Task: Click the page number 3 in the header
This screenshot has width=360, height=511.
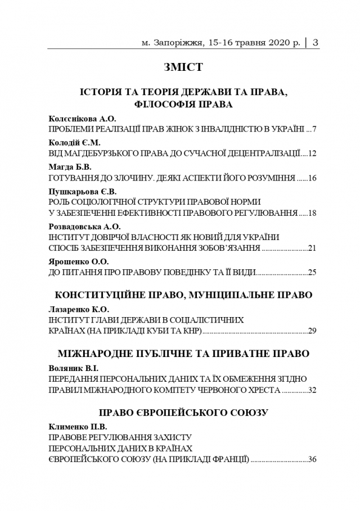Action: (315, 42)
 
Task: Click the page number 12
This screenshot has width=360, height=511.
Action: (313, 153)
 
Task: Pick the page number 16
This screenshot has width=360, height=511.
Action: (313, 178)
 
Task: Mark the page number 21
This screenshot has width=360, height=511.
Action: (313, 248)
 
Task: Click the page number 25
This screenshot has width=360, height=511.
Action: (313, 272)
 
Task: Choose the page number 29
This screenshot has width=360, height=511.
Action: (313, 331)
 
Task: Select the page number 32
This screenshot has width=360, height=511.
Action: (313, 390)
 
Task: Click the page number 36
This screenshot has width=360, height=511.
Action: (313, 459)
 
